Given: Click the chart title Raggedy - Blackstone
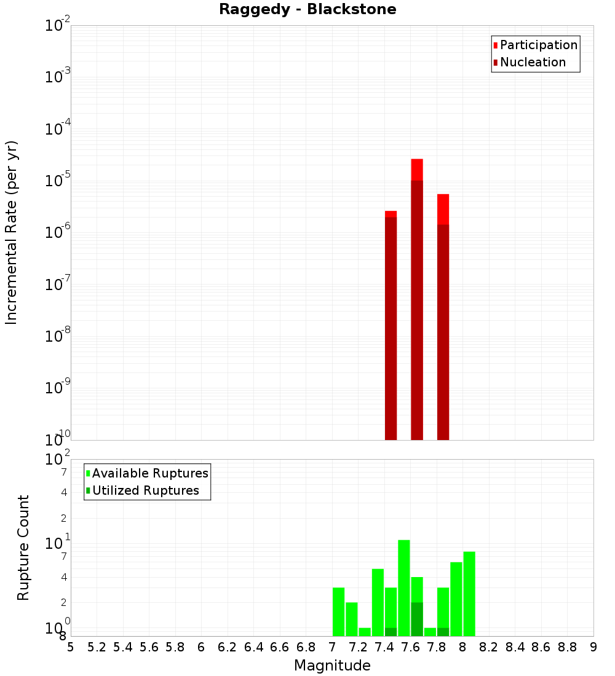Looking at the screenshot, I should coord(307,9).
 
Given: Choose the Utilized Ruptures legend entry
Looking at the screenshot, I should coord(145,490).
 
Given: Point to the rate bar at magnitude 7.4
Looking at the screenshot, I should coord(391,325).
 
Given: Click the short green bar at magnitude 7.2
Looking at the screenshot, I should coord(365,632).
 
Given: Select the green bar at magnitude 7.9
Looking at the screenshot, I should coord(456,599).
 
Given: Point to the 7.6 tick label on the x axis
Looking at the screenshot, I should coord(410,647).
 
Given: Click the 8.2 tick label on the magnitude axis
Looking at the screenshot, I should coord(489,647).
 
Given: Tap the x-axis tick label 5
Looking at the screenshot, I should coord(71,647).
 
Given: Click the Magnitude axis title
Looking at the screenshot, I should coord(332,666).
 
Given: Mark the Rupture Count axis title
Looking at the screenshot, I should coord(24,548).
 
